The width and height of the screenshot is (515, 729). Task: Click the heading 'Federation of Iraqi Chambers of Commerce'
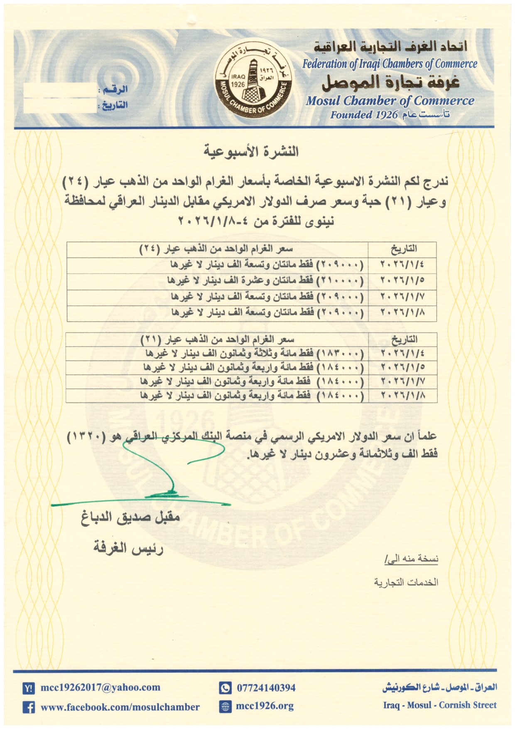click(x=389, y=64)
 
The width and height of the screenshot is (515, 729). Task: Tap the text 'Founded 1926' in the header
click(x=364, y=115)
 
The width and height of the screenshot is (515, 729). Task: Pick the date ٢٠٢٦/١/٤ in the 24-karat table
click(x=402, y=265)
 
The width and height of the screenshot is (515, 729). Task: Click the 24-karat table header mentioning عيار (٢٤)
click(x=216, y=249)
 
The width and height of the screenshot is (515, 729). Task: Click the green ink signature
click(x=166, y=470)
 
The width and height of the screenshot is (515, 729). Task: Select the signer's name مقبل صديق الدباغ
click(x=130, y=517)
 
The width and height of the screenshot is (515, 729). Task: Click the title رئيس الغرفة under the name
click(x=128, y=548)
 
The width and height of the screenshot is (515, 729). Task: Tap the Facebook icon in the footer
click(x=29, y=707)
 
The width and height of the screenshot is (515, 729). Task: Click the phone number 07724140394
click(x=266, y=688)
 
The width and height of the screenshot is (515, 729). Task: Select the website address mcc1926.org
click(x=265, y=706)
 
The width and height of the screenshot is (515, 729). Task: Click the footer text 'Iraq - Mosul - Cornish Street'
click(x=439, y=705)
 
